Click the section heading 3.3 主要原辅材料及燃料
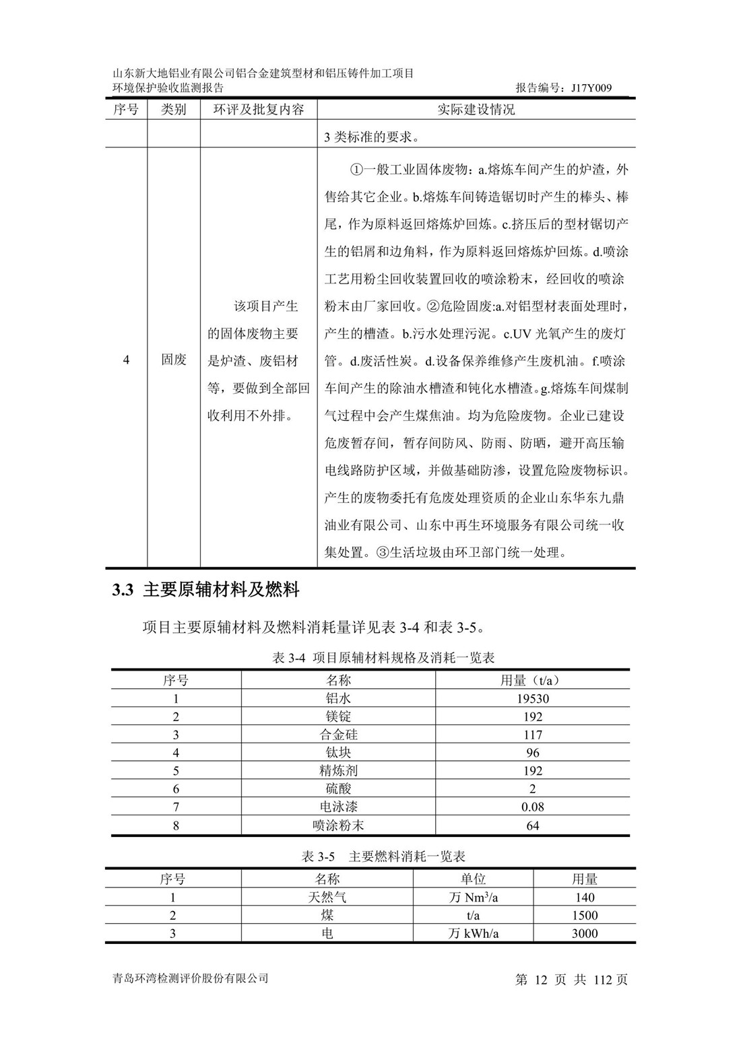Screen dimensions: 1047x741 coord(206,590)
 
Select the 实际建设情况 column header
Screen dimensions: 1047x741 coord(476,109)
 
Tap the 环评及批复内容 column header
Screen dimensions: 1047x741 coord(259,109)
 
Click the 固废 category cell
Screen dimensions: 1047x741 coord(174,360)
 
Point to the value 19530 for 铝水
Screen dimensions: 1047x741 coord(532,698)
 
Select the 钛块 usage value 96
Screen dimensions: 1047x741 coord(532,753)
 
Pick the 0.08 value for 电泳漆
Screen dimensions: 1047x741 coord(532,807)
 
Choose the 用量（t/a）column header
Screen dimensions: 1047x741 coord(532,680)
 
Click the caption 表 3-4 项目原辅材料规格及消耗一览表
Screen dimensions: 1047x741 coord(383,657)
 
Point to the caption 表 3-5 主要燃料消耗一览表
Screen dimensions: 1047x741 coord(383,856)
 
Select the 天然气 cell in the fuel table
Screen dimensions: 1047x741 coord(327,897)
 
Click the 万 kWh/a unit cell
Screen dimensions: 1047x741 coord(473,933)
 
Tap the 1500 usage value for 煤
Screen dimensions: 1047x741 coord(584,915)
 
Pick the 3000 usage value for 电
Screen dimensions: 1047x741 coord(584,933)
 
